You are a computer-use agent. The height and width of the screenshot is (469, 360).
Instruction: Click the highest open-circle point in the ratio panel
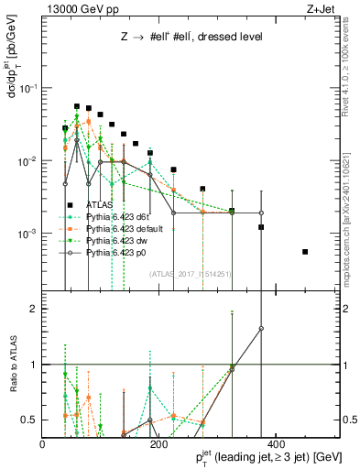(261, 328)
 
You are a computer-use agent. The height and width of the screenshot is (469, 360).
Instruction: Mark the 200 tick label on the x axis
(158, 443)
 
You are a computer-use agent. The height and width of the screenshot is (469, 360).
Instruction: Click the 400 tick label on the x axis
(273, 443)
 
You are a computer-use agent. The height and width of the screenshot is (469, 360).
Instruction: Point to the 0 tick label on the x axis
(43, 443)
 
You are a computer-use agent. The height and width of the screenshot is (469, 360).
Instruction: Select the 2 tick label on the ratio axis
(34, 309)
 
